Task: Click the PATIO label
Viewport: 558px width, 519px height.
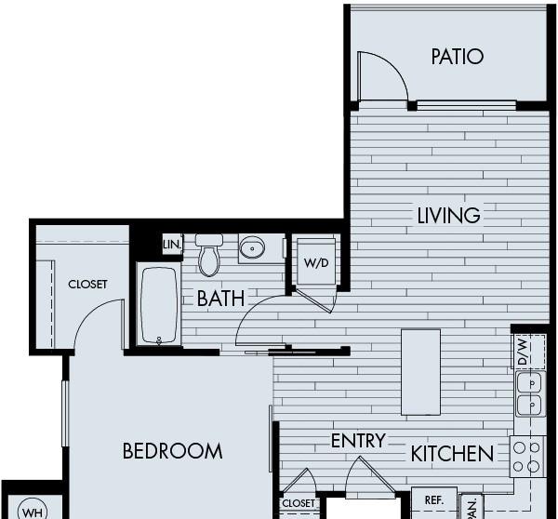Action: (458, 57)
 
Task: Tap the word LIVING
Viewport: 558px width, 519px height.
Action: (448, 216)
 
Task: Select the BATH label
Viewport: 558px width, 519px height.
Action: (220, 299)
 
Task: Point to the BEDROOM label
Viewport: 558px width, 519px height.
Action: (173, 451)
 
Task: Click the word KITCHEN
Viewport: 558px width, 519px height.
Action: (452, 454)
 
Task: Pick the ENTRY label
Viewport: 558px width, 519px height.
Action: (358, 441)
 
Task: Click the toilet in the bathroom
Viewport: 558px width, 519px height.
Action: (209, 255)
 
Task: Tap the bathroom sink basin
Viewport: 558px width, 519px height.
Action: (252, 247)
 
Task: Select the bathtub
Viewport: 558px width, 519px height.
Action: (159, 305)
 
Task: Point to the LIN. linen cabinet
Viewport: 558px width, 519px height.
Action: (172, 245)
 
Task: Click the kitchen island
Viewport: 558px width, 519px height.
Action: (420, 372)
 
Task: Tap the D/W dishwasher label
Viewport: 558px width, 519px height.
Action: (523, 352)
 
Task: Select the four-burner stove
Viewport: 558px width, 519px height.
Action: (527, 457)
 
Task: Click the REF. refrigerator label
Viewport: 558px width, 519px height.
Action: (434, 500)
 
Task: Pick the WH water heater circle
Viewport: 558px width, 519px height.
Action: (32, 511)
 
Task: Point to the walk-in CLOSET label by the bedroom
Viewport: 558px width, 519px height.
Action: (87, 284)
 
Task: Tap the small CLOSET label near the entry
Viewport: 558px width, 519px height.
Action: (299, 503)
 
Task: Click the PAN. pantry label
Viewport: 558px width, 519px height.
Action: (472, 509)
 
